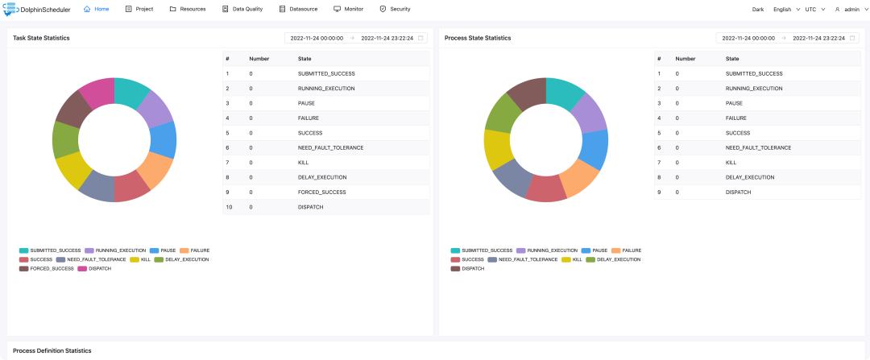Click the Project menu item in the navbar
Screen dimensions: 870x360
[139, 9]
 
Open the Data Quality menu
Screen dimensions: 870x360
[242, 9]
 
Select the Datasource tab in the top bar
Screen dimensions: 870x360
[293, 9]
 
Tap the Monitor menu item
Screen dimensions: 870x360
[349, 9]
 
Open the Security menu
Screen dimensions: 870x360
[395, 9]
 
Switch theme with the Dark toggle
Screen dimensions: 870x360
[758, 9]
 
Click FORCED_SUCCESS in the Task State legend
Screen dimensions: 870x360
[46, 268]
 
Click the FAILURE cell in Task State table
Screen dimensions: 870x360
[308, 118]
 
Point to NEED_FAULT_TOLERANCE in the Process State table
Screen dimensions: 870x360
[758, 147]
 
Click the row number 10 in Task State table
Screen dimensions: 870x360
[228, 207]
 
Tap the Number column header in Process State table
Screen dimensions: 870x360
[686, 59]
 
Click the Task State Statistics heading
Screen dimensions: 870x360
[41, 38]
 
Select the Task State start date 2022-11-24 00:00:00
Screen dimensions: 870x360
[317, 39]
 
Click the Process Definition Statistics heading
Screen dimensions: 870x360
[52, 350]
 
